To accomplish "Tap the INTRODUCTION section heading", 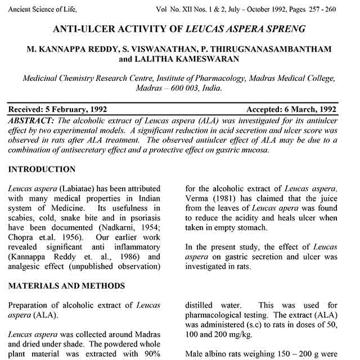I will click(x=42, y=169).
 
